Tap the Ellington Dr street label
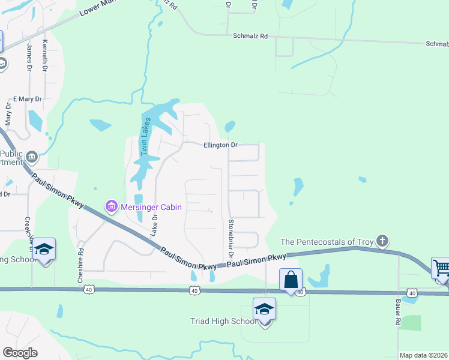point(221,145)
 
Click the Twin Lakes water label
point(145,137)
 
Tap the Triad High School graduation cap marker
point(264,310)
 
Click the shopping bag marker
point(291,280)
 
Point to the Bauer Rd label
point(397,313)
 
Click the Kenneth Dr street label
point(44,56)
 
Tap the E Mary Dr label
point(28,99)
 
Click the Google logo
point(20,353)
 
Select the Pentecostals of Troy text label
point(327,242)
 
